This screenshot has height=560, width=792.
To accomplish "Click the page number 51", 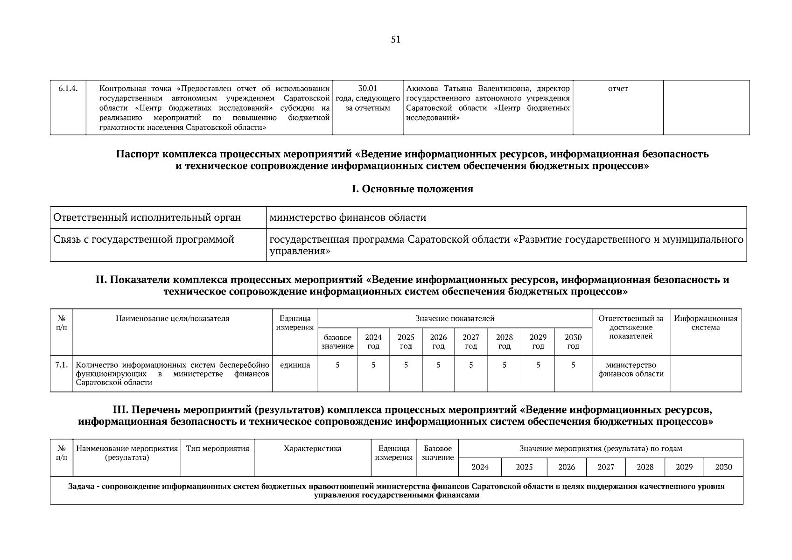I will click(395, 40).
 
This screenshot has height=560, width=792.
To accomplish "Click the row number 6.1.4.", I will click(68, 89).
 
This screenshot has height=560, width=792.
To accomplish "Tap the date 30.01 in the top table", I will click(367, 89).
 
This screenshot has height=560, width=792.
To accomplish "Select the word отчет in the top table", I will click(617, 89).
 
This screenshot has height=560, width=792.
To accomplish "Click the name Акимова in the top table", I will click(423, 89).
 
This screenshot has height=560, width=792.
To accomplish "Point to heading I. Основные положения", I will click(412, 189).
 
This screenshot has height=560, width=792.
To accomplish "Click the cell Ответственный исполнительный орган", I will click(147, 217).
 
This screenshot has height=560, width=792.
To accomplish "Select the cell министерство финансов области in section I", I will click(348, 217).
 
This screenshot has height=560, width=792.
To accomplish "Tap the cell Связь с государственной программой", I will click(144, 239).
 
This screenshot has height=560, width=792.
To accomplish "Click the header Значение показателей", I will click(455, 318).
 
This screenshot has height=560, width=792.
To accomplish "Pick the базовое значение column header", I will click(337, 342).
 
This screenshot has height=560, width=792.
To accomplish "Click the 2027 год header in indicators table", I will click(470, 342).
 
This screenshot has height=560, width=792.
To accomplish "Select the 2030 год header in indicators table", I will click(573, 342).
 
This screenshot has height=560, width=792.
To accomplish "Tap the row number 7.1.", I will click(62, 365).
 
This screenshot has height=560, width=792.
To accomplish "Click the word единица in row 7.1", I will click(294, 365).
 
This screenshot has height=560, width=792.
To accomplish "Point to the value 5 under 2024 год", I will click(373, 365).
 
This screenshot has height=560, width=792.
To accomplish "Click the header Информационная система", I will click(705, 323).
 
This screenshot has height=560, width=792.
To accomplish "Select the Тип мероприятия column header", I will click(217, 448).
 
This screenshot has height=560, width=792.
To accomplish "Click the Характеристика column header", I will click(312, 448).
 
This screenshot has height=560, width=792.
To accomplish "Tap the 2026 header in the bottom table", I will click(566, 467).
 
